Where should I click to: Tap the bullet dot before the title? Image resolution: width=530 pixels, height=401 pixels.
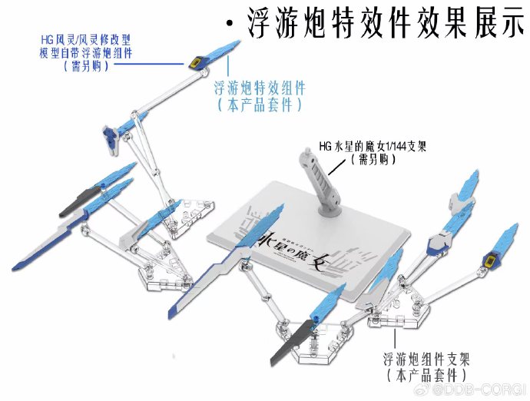(230, 25)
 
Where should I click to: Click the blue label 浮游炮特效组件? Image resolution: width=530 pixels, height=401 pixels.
(260, 88)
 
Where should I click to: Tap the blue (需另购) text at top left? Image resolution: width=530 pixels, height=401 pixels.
(85, 66)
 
